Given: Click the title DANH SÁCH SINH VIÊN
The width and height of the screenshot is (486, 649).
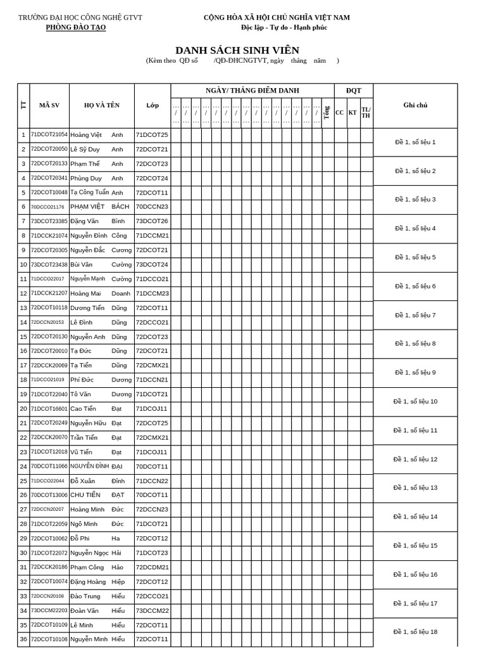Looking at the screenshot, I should click(x=237, y=50).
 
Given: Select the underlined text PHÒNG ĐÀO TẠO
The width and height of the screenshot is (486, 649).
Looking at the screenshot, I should click(x=76, y=27).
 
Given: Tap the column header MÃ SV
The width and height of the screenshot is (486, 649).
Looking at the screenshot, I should click(x=49, y=105).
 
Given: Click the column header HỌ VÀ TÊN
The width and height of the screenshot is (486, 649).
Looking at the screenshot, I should click(x=101, y=105).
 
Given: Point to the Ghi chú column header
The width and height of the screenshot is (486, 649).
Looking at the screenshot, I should click(x=414, y=105).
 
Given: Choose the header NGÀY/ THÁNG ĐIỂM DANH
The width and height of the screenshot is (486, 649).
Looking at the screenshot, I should click(x=252, y=91).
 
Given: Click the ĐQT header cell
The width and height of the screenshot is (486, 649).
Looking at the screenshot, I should click(x=353, y=91).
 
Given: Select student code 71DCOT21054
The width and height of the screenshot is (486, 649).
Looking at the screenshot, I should click(x=49, y=134).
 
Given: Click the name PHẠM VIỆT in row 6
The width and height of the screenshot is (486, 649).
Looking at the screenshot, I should click(x=87, y=207).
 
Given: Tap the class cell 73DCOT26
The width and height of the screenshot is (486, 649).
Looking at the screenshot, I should click(x=152, y=221).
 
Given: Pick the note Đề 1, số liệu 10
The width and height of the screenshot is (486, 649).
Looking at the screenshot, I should click(x=414, y=401).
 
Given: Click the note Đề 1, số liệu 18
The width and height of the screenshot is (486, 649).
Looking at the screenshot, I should click(x=414, y=631).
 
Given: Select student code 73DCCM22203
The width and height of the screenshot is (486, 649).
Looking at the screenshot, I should click(x=49, y=610).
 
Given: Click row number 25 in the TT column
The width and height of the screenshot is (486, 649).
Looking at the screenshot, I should click(x=23, y=481).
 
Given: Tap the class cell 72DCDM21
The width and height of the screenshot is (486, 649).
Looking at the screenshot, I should click(x=152, y=567).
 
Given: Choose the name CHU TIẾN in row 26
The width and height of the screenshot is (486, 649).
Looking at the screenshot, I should click(x=85, y=495).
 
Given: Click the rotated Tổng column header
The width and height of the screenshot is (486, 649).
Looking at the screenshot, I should click(x=327, y=112).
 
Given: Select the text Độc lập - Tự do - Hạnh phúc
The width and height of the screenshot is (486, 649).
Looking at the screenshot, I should click(x=283, y=27).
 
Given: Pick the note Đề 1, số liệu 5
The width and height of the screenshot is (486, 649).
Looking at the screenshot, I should click(x=414, y=257).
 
